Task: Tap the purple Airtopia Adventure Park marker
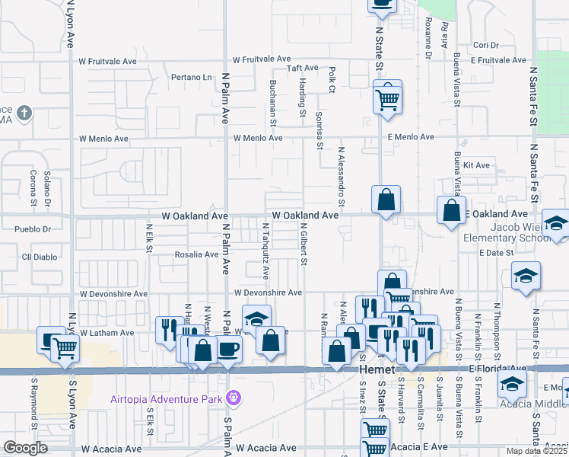[233, 397]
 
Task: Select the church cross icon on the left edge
[24, 114]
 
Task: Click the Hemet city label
[375, 369]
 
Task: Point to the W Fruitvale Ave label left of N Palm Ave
[108, 60]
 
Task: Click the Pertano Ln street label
[191, 77]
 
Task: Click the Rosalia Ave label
[196, 254]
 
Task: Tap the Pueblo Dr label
[37, 228]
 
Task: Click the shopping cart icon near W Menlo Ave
[388, 98]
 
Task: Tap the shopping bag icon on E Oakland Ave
[452, 211]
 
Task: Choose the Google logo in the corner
[26, 447]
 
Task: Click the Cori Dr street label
[485, 45]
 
